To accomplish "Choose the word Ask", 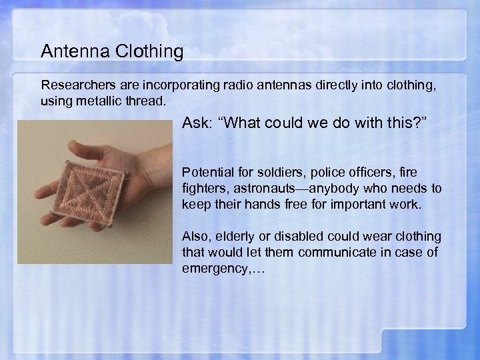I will coord(197,125).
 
